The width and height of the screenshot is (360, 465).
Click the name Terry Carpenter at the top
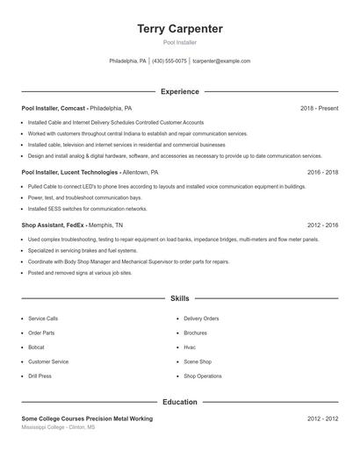pos(180,29)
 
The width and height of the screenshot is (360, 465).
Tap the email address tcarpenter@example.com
pos(221,61)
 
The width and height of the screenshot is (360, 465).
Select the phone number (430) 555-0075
pos(169,61)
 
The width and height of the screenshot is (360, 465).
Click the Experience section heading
pos(180,91)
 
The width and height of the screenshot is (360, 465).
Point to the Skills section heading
pos(180,298)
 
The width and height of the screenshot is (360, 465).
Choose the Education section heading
pos(180,402)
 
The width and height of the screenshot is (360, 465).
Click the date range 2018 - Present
pos(319,108)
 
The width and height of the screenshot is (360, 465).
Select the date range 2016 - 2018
pos(322,173)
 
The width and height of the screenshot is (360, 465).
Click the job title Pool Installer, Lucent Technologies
pos(71,173)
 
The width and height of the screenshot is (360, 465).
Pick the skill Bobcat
pos(37,347)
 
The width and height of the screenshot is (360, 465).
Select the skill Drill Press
pos(40,376)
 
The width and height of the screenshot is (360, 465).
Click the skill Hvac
pos(190,347)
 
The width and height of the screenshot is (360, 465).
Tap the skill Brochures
pos(196,333)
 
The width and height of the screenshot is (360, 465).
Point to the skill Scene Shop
pos(198,361)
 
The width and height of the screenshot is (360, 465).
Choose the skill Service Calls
pos(43,318)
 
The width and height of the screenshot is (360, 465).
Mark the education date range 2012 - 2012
pos(322,418)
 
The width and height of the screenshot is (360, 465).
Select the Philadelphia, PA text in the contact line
pos(128,61)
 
